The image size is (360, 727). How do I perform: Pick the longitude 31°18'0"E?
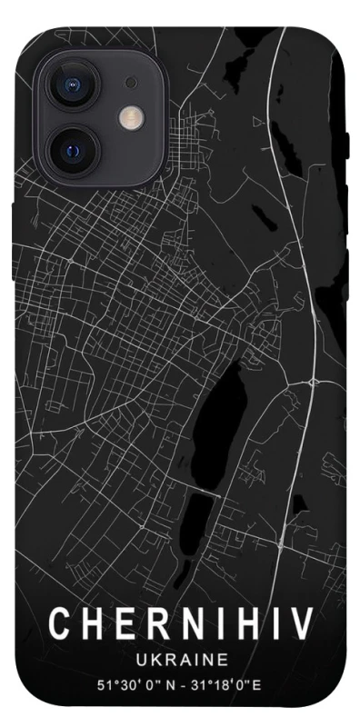coord(226,683)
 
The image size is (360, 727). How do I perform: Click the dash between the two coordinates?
coord(176,683)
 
